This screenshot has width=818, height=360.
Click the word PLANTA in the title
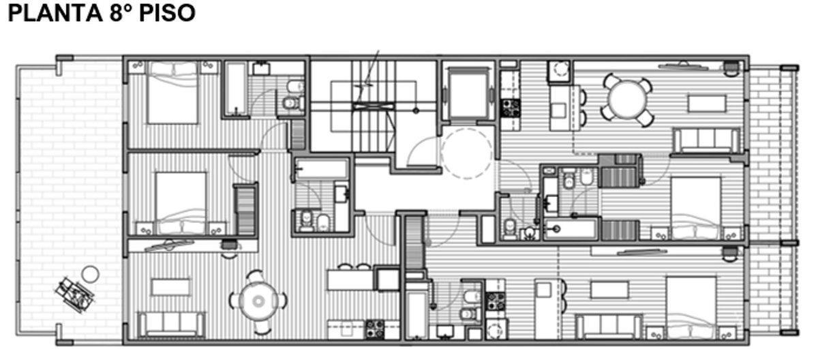(55, 13)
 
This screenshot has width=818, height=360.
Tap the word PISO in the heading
(167, 13)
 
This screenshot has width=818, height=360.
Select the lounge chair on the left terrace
(74, 295)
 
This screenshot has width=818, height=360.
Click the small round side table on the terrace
(90, 275)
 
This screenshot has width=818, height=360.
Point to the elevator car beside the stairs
(468, 95)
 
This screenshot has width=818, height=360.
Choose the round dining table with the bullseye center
(258, 301)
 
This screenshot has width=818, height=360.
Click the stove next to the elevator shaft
(510, 108)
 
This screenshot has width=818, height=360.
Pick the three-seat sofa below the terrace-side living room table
(171, 325)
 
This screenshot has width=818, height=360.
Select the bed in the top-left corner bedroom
(172, 93)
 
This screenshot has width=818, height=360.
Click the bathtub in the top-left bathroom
(236, 89)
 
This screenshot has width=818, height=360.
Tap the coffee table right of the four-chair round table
(707, 104)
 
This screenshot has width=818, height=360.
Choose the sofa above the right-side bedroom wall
(707, 140)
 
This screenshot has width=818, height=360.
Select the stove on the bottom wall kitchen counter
(375, 329)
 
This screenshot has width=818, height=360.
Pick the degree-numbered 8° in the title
(121, 13)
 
